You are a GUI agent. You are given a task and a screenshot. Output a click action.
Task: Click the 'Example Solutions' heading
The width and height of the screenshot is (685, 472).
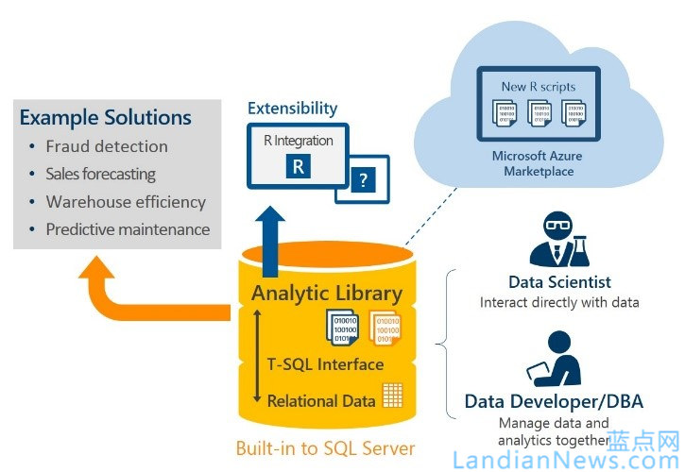[x=105, y=118]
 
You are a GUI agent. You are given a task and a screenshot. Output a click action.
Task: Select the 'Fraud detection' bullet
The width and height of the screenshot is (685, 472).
[x=107, y=146]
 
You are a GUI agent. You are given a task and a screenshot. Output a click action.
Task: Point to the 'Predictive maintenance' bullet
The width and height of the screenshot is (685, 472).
[x=128, y=229]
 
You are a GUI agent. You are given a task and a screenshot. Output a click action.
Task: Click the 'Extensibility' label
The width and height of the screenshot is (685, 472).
[x=291, y=109]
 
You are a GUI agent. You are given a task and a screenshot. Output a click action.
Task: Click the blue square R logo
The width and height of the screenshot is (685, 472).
[x=298, y=167]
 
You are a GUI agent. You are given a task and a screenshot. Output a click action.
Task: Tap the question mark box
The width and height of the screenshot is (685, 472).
[x=364, y=178]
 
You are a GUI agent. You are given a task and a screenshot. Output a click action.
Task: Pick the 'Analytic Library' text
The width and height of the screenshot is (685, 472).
[x=327, y=294]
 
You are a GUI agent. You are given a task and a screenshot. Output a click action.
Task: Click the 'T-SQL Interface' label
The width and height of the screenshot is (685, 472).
[x=326, y=364]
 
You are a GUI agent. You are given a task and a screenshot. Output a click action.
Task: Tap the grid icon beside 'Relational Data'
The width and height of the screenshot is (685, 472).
[x=392, y=395]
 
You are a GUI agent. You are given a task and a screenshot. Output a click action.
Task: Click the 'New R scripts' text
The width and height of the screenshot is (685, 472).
[x=539, y=87]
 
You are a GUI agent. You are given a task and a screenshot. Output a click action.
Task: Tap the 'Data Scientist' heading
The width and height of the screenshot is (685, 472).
[x=559, y=282]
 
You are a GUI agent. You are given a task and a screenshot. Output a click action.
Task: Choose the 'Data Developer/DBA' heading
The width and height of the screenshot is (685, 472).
[x=554, y=402]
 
